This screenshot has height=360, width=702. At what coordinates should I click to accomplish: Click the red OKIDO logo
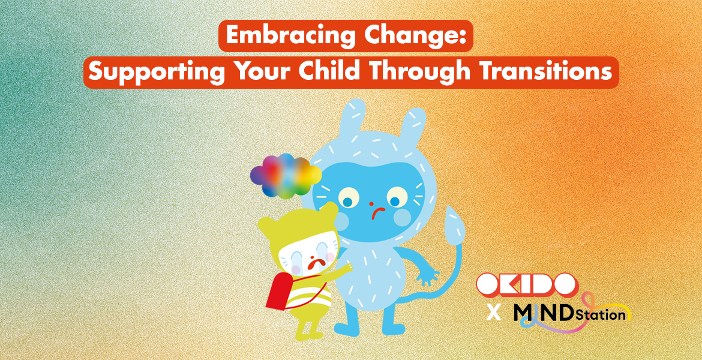(x=526, y=286)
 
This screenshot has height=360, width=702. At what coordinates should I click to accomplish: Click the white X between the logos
(x=494, y=313)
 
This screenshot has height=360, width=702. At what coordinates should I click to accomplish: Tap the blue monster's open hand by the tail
(x=428, y=276)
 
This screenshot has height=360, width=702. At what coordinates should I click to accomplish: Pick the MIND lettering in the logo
(x=544, y=313)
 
